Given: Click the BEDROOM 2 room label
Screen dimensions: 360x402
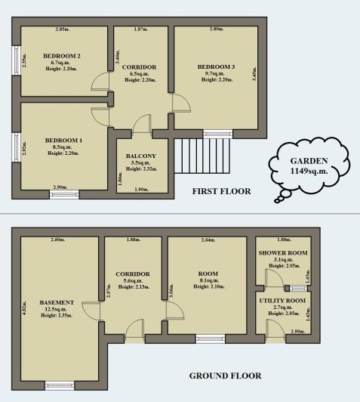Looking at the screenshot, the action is point(62,56).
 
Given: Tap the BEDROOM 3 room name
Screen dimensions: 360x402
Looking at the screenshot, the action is point(216,67).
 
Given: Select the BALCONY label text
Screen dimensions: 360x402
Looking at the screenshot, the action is point(141,156).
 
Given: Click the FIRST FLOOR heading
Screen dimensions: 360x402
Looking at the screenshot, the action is point(221,191).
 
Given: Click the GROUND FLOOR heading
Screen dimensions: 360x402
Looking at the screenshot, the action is point(226,376).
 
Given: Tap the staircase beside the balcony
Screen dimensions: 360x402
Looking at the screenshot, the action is point(202,156).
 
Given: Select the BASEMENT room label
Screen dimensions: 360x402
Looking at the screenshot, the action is point(57,302).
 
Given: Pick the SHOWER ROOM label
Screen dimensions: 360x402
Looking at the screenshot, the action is point(283,253).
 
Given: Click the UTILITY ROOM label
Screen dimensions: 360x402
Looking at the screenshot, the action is point(282,301).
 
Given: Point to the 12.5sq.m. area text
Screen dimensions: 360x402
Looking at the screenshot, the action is point(56,309).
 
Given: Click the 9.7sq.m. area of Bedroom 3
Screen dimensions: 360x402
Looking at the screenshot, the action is point(215,73).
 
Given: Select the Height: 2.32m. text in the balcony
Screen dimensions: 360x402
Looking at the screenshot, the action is point(141,169).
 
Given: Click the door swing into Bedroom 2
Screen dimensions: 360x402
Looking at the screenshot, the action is point(100,81).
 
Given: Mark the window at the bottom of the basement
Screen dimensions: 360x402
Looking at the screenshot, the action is point(60,385).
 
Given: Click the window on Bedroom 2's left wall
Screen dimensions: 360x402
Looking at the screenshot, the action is point(16,60).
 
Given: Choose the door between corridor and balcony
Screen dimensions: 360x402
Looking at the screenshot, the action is point(142,125).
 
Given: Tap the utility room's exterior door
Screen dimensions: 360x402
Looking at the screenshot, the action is point(275,330).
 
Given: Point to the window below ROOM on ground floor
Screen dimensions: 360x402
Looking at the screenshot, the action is point(211,339).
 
